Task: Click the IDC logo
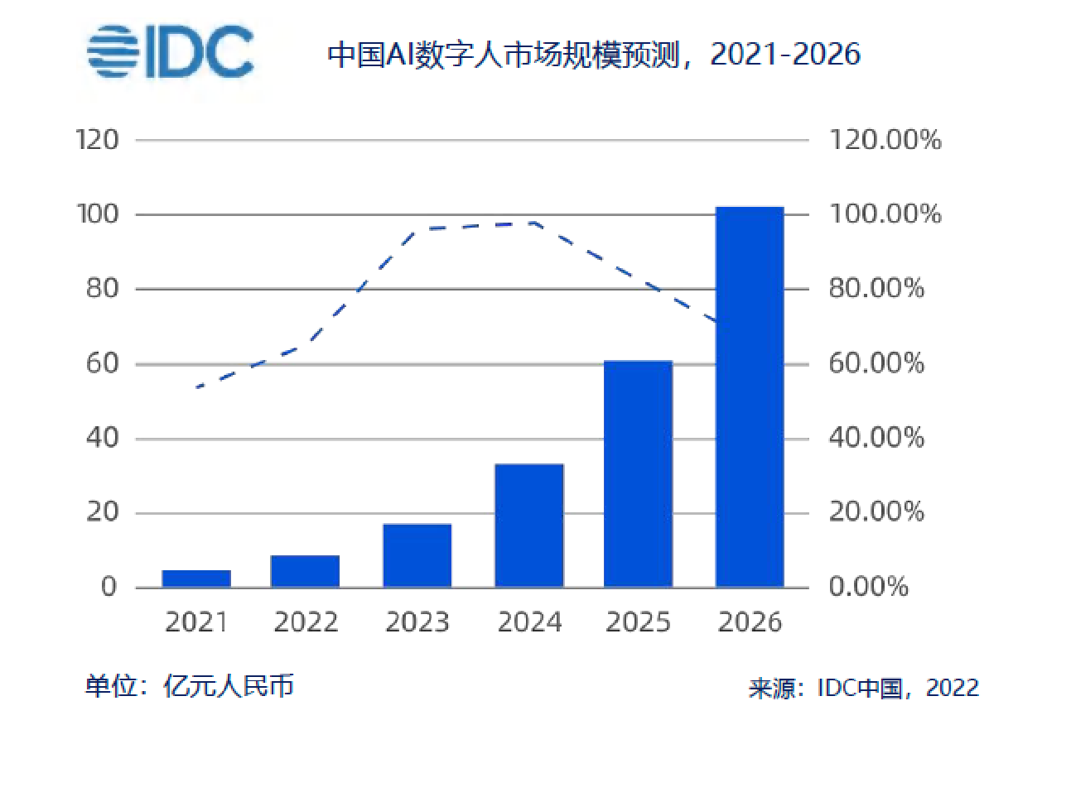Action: click(171, 52)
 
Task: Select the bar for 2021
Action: click(196, 579)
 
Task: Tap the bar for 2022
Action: click(305, 571)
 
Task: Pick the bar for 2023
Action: click(417, 555)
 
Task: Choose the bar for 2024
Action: click(529, 526)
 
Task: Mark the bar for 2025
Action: click(638, 473)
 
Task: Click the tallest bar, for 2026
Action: click(750, 397)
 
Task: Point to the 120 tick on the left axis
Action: click(97, 140)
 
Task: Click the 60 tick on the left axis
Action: click(102, 363)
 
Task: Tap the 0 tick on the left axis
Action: click(109, 587)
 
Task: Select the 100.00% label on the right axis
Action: click(885, 214)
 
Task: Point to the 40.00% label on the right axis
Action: click(876, 438)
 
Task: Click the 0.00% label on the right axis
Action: click(869, 587)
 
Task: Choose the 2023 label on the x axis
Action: click(417, 622)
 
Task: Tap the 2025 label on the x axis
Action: click(638, 622)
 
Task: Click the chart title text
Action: click(594, 55)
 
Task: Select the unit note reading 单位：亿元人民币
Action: click(190, 686)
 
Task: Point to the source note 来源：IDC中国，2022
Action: click(863, 688)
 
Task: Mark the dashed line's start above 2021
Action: click(198, 386)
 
